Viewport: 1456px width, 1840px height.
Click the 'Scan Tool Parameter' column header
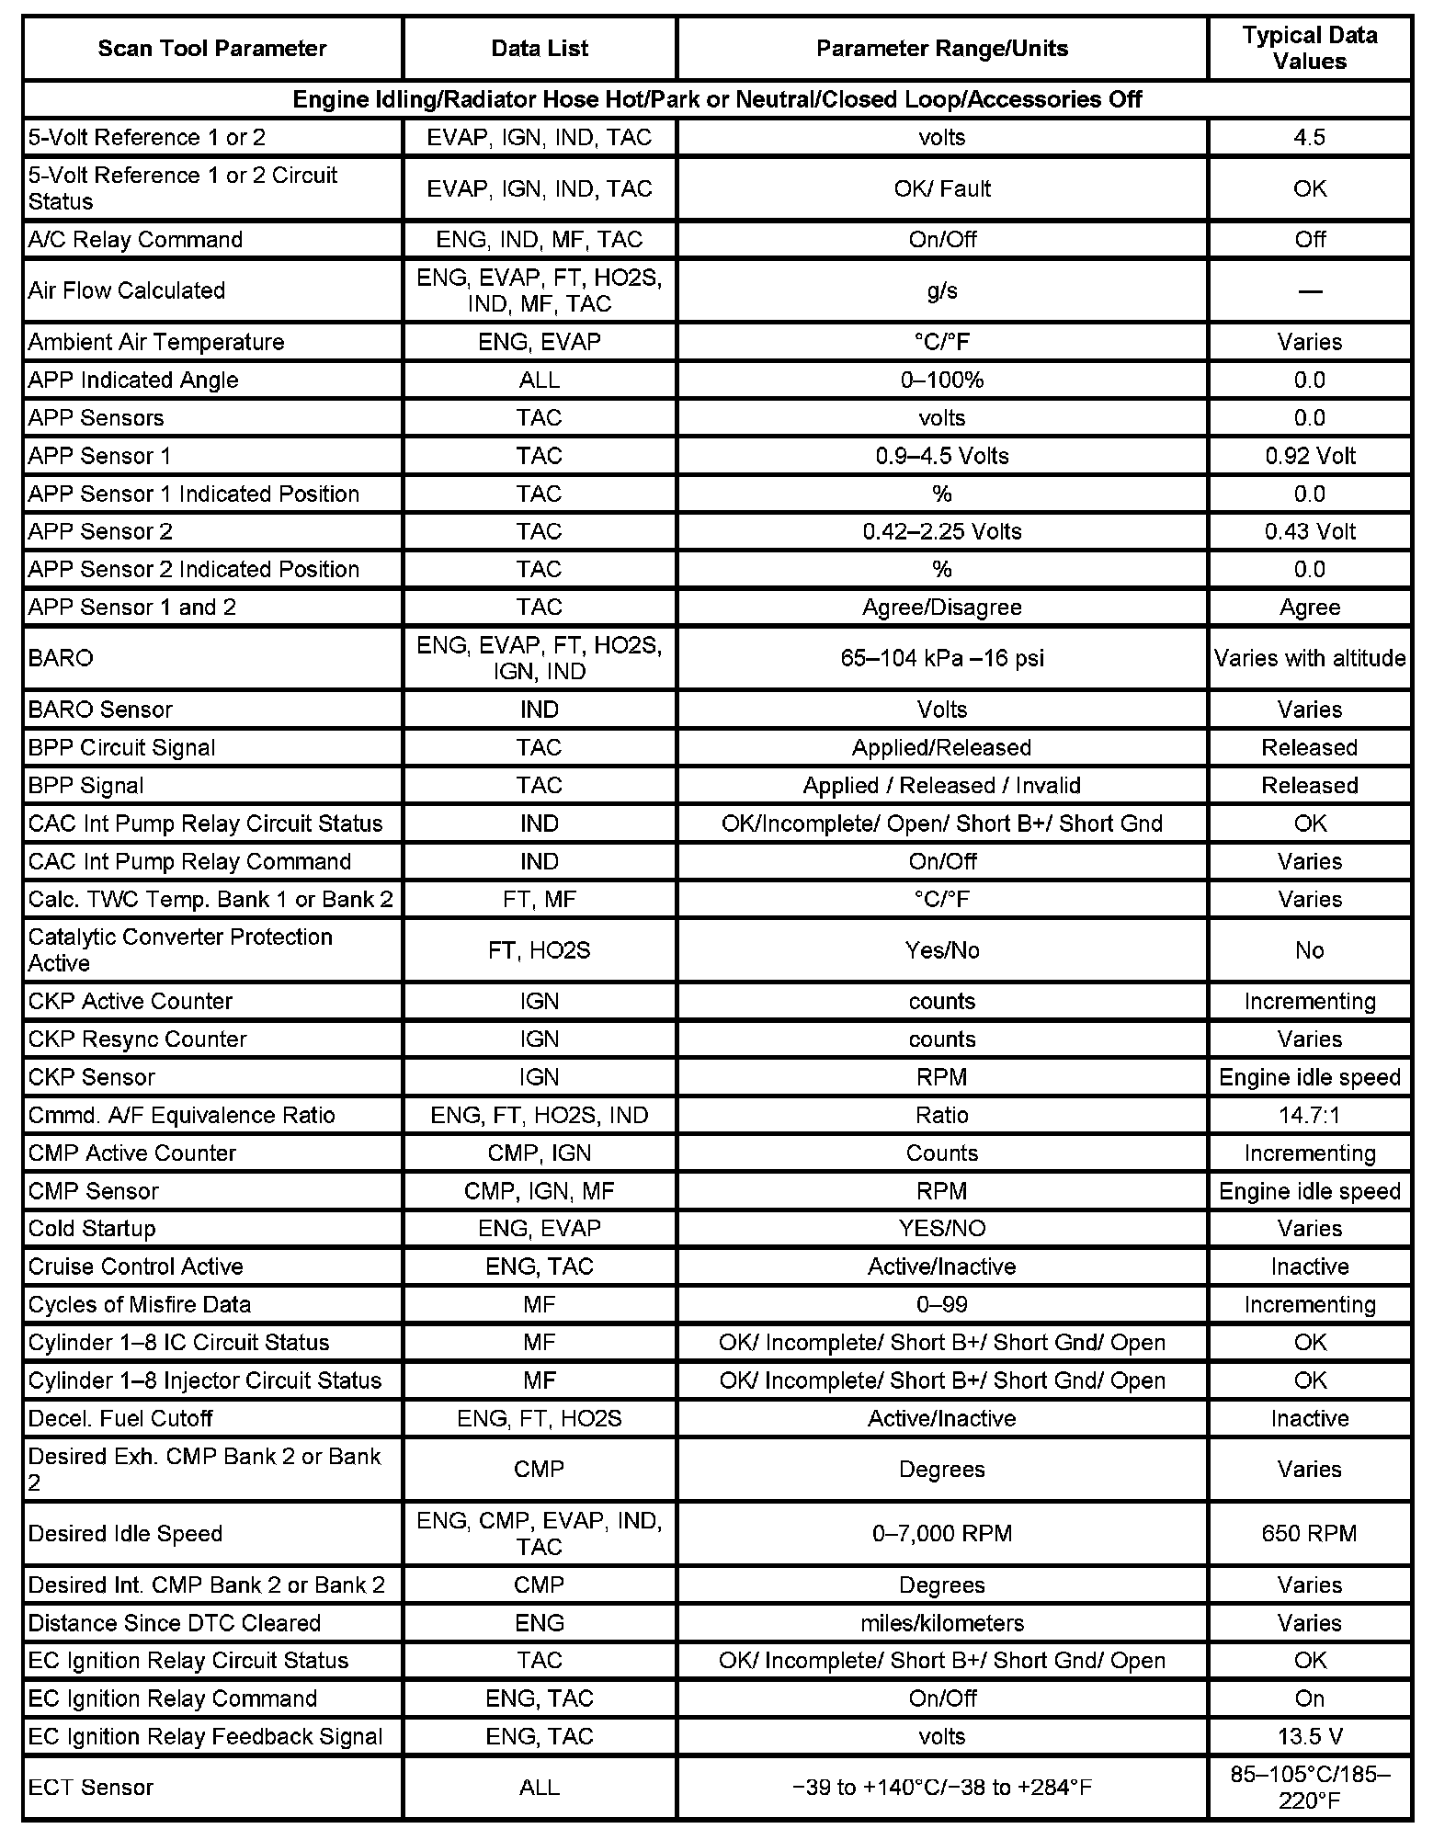tap(212, 49)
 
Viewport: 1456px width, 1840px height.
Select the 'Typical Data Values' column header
tap(1309, 49)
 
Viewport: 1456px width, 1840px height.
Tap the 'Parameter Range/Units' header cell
tap(941, 49)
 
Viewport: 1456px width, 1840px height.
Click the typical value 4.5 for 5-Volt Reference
tap(1309, 138)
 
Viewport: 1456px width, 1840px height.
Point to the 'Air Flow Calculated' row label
tap(127, 290)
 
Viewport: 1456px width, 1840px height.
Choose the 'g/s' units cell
tap(941, 290)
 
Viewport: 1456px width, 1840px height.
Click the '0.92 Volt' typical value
tap(1309, 456)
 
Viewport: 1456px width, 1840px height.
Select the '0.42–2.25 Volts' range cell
tap(941, 531)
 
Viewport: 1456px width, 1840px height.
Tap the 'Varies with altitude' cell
tap(1309, 658)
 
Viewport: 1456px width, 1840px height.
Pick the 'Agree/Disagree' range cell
tap(941, 608)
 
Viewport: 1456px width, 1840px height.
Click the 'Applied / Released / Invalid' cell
tap(941, 786)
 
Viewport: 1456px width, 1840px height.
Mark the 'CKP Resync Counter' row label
tap(138, 1039)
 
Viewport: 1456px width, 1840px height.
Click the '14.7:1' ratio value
tap(1309, 1115)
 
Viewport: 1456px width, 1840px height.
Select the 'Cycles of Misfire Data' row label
tap(140, 1305)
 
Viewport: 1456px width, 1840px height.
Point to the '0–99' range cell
tap(941, 1305)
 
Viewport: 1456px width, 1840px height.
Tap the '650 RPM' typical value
tap(1309, 1534)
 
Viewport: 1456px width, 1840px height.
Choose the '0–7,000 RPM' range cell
tap(941, 1534)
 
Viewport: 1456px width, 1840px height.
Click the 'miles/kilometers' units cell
tap(941, 1623)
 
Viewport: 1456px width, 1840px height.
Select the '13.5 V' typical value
tap(1309, 1737)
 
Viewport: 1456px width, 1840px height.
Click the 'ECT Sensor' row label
tap(91, 1788)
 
